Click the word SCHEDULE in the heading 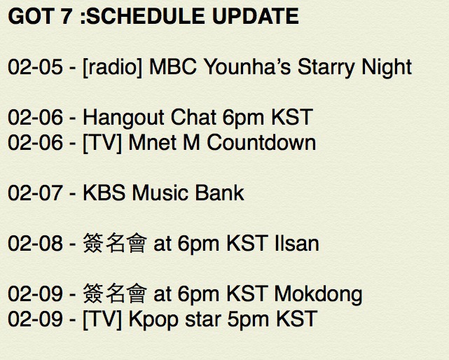coord(146,16)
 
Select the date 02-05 coord(35,67)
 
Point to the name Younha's coord(247,67)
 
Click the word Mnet coord(152,142)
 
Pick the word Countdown coord(261,142)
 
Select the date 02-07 coord(35,193)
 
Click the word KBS coord(104,193)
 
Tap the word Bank coord(219,193)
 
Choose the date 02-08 coord(35,243)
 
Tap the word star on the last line coord(203,319)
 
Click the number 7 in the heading coord(66,16)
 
